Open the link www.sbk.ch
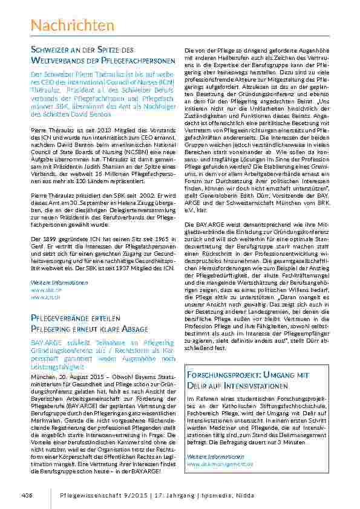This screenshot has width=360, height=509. (x=42, y=290)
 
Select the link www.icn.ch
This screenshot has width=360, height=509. (x=41, y=297)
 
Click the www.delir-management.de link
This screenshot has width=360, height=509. (x=220, y=463)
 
